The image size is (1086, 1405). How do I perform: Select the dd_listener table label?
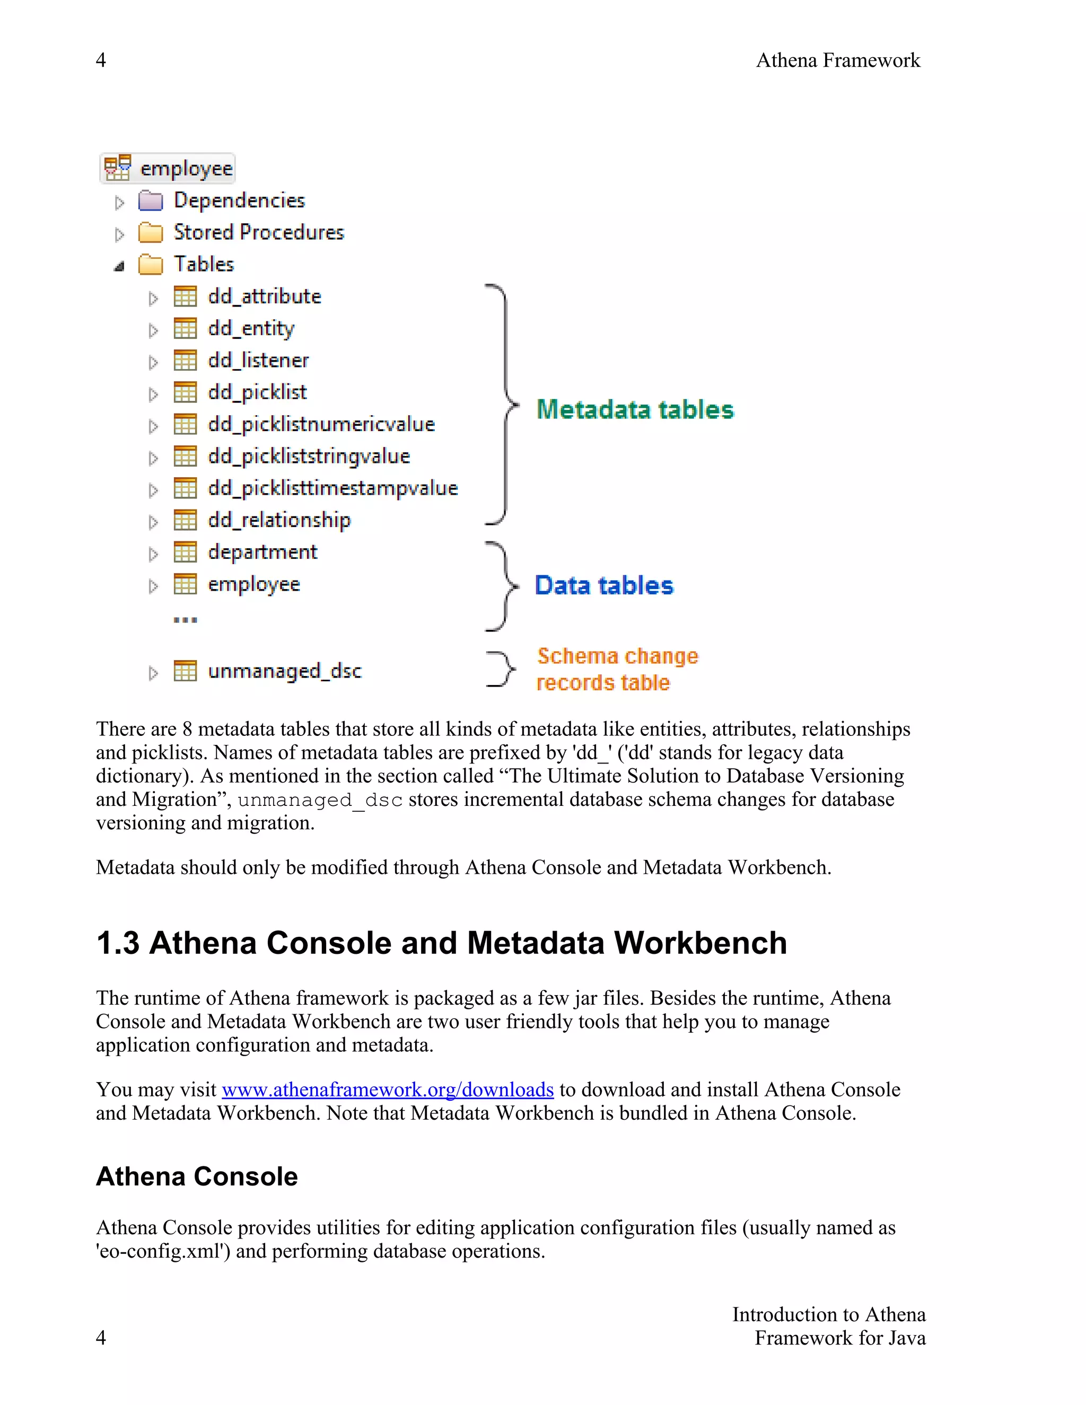[x=258, y=360]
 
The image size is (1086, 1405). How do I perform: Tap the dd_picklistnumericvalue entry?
[x=321, y=424]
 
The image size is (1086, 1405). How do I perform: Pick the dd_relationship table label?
[x=279, y=520]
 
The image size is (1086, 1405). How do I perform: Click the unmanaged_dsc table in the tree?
[x=284, y=671]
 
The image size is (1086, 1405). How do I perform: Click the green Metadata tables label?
[x=634, y=410]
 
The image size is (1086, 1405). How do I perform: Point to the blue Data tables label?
[x=603, y=585]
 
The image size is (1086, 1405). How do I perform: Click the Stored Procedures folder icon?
[x=151, y=232]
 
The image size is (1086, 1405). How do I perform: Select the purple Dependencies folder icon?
[x=151, y=201]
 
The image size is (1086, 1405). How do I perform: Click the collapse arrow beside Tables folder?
[x=119, y=266]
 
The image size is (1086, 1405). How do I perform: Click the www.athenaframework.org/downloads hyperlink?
[x=387, y=1090]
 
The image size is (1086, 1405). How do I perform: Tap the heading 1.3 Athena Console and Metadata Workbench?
[x=441, y=943]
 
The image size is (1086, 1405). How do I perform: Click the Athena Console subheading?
[x=197, y=1176]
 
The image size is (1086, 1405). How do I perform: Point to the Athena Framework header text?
[x=838, y=60]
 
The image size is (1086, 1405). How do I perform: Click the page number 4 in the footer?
[x=101, y=1338]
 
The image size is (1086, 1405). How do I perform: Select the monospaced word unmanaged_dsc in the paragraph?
[x=320, y=800]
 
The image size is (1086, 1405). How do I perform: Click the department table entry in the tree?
[x=262, y=552]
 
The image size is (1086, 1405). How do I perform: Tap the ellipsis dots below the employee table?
[x=185, y=620]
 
